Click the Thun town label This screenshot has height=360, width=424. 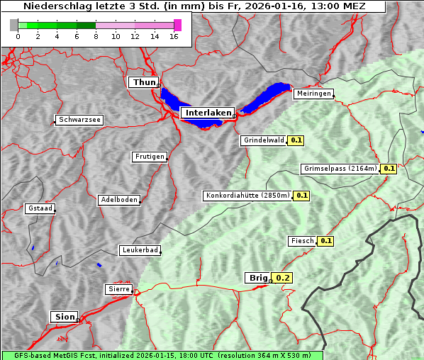pyautogui.click(x=144, y=83)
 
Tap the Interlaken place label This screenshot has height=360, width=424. pyautogui.click(x=207, y=113)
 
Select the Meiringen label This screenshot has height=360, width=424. pyautogui.click(x=313, y=94)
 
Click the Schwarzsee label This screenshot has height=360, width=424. pyautogui.click(x=79, y=120)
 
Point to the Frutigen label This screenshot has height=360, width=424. pyautogui.click(x=149, y=157)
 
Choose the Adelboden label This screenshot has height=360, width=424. pyautogui.click(x=118, y=200)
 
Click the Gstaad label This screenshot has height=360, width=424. pyautogui.click(x=40, y=208)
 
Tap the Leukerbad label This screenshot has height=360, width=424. pyautogui.click(x=140, y=250)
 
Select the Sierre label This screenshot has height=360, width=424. pyautogui.click(x=118, y=289)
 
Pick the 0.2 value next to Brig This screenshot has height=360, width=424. pyautogui.click(x=282, y=278)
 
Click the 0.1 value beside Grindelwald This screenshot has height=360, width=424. pyautogui.click(x=296, y=140)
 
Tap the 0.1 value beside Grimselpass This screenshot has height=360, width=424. pyautogui.click(x=389, y=169)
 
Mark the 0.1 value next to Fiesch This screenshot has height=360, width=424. pyautogui.click(x=325, y=241)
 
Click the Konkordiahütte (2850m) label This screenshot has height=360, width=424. pyautogui.click(x=247, y=196)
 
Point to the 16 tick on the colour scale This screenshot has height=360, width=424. pyautogui.click(x=174, y=36)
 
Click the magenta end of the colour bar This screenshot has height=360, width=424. pyautogui.click(x=177, y=25)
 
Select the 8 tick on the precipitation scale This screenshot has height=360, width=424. pyautogui.click(x=96, y=36)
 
